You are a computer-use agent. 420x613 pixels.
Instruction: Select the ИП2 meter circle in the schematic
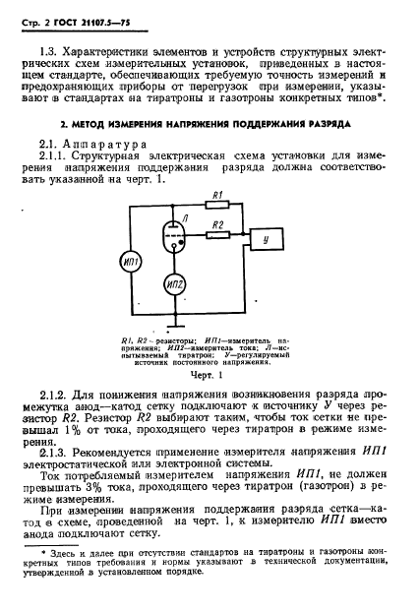pyautogui.click(x=175, y=286)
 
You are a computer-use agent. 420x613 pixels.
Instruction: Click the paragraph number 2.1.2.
pyautogui.click(x=52, y=395)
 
